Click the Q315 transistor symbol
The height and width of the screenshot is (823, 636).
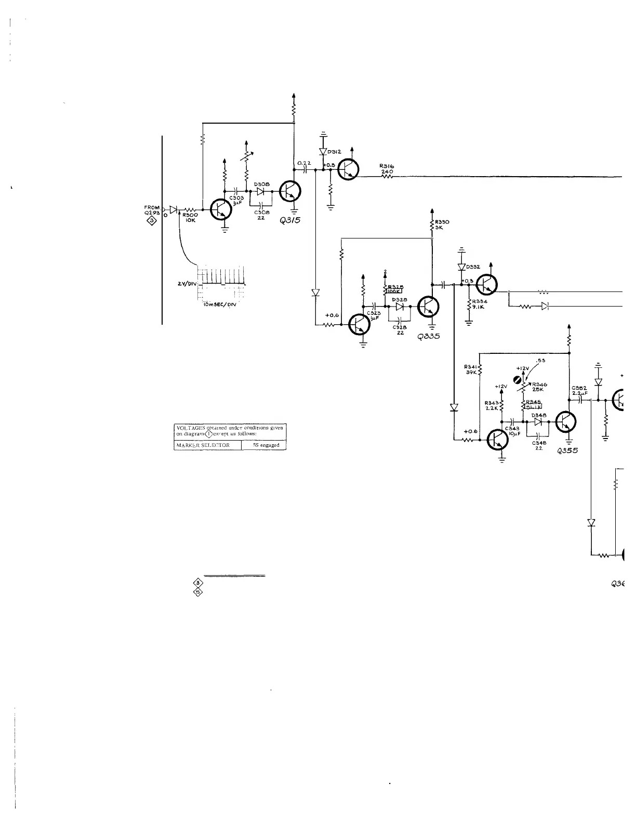coord(289,192)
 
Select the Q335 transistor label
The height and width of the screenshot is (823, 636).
coord(429,336)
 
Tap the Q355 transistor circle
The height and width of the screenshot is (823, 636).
coord(565,422)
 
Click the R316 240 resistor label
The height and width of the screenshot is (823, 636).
coord(387,169)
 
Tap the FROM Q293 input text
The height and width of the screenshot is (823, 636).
coord(152,210)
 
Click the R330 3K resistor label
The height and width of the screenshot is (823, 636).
coord(442,225)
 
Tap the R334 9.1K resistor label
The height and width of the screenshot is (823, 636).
coord(479,304)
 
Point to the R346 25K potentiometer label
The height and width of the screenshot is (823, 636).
coord(538,387)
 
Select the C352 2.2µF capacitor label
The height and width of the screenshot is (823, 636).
coord(579,391)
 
